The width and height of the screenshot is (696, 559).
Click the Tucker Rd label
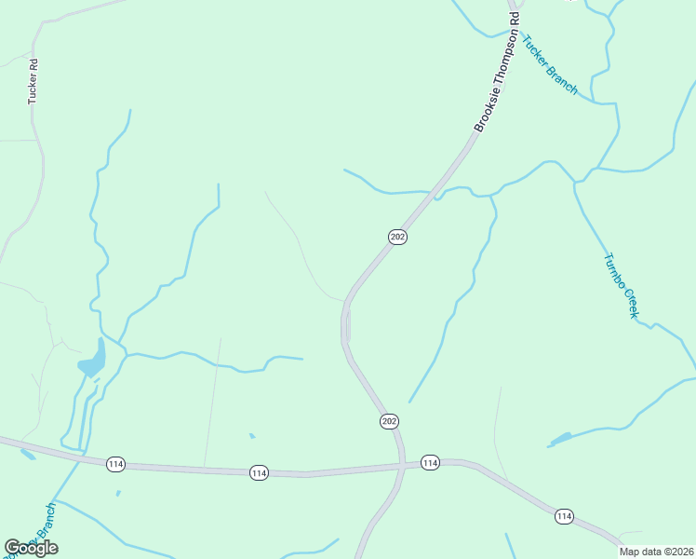(33, 81)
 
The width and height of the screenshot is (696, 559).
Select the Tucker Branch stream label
(550, 65)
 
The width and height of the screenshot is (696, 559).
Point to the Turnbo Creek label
(621, 286)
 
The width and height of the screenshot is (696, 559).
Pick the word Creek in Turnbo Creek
(628, 302)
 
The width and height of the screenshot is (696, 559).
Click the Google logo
(31, 548)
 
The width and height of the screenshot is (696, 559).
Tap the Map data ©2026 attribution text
(657, 552)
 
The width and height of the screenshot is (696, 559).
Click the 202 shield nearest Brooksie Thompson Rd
(397, 237)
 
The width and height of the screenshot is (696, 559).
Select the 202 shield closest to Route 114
(389, 422)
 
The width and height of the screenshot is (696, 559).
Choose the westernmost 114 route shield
(115, 464)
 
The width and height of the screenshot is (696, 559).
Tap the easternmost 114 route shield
(564, 515)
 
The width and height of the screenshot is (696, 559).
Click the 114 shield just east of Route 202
(429, 462)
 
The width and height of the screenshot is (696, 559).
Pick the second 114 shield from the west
(259, 473)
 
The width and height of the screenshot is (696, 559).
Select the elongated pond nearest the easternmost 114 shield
(561, 438)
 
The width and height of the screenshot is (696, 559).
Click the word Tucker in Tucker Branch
(537, 52)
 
